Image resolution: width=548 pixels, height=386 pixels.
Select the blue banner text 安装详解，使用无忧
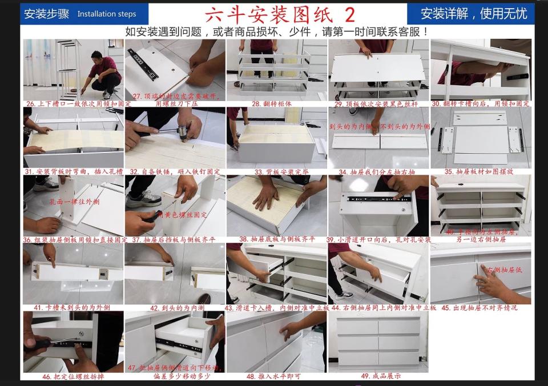pos(473,14)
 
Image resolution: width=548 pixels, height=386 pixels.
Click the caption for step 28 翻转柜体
pos(272,104)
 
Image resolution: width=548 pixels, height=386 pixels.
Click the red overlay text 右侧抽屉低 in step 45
pos(503,270)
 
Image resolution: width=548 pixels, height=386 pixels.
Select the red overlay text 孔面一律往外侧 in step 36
pos(74,202)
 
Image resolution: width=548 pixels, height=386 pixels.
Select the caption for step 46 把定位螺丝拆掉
pos(74,376)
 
